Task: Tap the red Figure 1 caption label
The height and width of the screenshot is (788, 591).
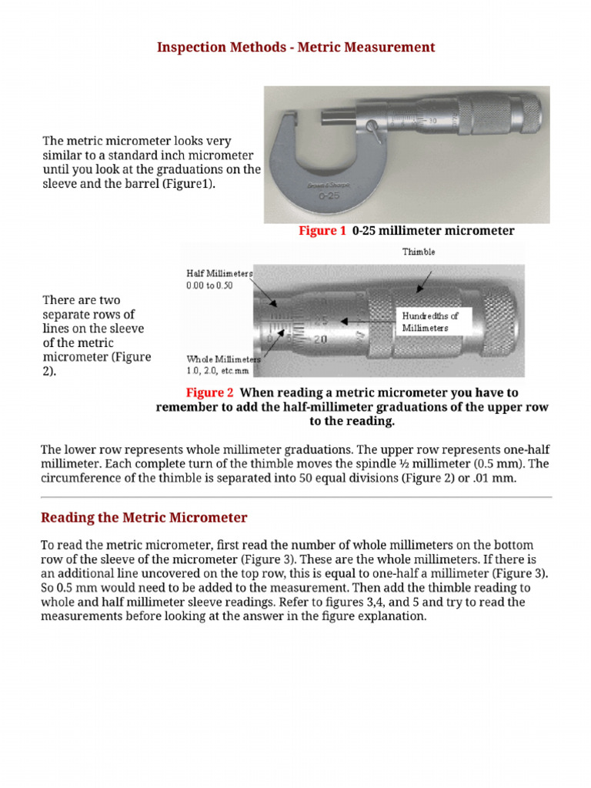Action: (322, 231)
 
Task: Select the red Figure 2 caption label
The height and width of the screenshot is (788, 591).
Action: (209, 392)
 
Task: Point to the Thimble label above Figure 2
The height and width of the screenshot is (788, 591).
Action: (418, 252)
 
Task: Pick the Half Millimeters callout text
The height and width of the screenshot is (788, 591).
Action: (219, 273)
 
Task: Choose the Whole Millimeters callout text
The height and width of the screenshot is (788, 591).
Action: (223, 359)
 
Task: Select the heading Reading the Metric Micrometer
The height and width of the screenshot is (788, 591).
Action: (144, 517)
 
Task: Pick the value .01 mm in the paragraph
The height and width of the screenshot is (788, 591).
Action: (486, 478)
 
